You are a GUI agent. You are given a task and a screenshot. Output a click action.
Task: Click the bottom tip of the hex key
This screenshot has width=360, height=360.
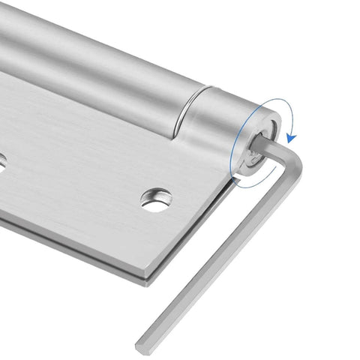tap(141, 346)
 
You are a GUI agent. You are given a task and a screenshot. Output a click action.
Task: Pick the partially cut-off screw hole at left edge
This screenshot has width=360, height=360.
tap(2, 158)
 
